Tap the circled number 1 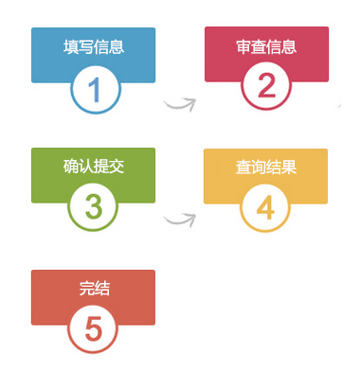tap(96, 90)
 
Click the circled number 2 tap(266, 86)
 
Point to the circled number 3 tap(94, 206)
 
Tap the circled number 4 tap(265, 208)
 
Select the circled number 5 tap(94, 329)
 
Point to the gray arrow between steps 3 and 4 tap(179, 221)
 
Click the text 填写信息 tap(94, 46)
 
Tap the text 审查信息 tap(266, 46)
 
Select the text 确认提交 tap(94, 167)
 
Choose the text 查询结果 tap(266, 168)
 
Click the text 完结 tap(95, 289)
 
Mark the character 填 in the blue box tap(71, 46)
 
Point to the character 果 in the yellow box tap(289, 168)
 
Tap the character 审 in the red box tap(243, 46)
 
